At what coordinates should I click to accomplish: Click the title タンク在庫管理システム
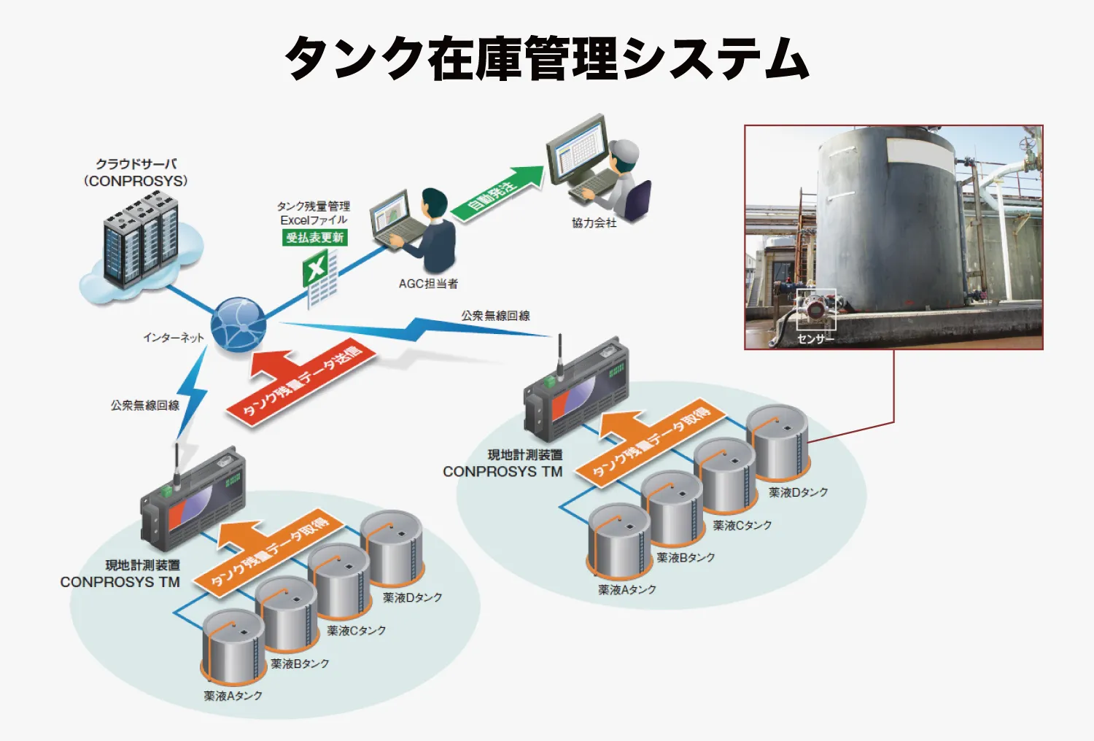546,58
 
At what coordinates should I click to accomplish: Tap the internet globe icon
238,325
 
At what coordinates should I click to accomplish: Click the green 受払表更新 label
315,237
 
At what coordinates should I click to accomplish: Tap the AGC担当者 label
428,284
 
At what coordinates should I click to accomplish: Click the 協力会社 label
594,223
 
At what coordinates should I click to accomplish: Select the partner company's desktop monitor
578,150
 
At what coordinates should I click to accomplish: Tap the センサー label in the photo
815,339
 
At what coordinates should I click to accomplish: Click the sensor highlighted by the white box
815,307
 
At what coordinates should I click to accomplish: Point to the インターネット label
174,338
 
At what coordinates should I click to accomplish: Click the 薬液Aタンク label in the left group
233,696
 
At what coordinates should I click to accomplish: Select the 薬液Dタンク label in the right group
798,492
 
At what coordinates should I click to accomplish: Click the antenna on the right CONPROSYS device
560,357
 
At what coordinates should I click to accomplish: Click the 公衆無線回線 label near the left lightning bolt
144,406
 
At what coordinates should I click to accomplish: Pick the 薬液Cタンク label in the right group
742,525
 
